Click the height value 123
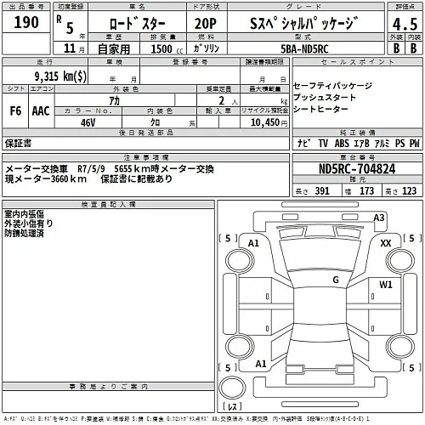(410, 191)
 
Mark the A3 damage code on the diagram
(380, 218)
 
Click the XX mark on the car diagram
(385, 242)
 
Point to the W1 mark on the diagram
(385, 284)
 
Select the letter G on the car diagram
(336, 279)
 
